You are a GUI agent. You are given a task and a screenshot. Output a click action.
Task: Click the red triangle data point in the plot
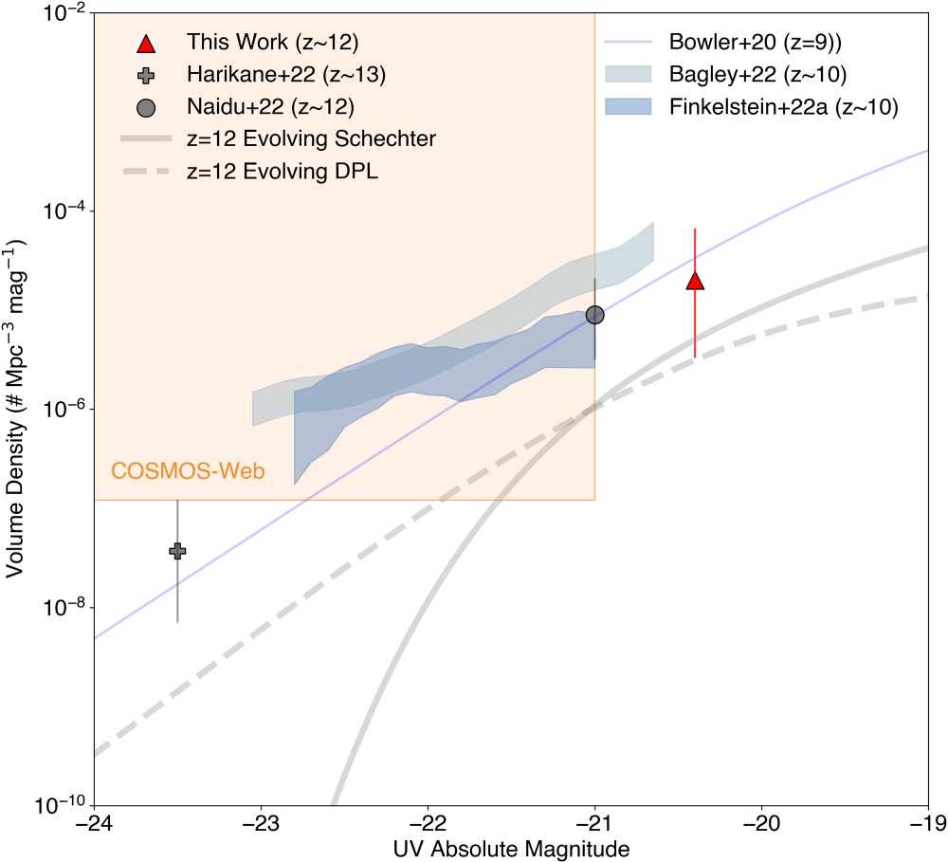click(x=695, y=281)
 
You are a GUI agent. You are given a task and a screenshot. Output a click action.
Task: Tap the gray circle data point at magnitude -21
click(x=594, y=315)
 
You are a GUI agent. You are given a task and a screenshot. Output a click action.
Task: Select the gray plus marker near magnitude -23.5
click(x=177, y=551)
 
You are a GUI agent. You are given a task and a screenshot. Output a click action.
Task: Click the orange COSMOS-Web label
click(x=187, y=470)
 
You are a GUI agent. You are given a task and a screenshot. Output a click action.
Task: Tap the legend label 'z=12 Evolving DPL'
click(x=283, y=173)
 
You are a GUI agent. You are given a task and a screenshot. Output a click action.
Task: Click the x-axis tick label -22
click(x=428, y=820)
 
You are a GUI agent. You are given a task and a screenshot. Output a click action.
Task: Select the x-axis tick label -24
click(x=94, y=820)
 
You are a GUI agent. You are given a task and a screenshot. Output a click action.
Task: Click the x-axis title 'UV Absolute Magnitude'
click(x=512, y=847)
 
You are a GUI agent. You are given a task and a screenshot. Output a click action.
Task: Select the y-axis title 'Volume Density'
click(x=16, y=409)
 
